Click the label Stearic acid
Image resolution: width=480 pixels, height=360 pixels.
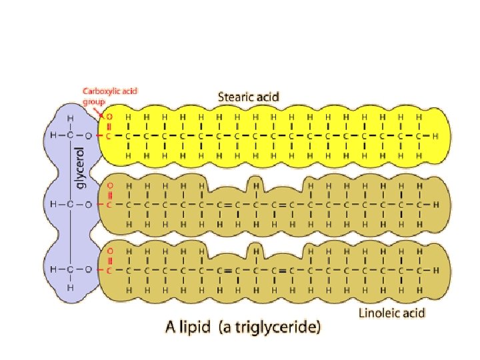(249, 97)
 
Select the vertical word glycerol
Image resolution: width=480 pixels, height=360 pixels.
(81, 167)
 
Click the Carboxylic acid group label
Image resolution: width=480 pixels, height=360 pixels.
(109, 95)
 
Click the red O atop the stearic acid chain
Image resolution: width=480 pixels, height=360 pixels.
(109, 115)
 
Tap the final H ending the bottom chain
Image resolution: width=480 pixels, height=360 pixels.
(435, 271)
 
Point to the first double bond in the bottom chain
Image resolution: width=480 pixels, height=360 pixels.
(228, 271)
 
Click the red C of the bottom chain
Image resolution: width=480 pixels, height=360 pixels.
(109, 271)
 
